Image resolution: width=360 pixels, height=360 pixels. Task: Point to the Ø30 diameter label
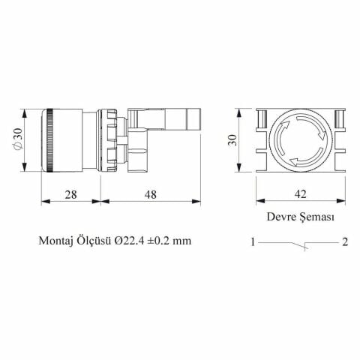pyautogui.click(x=16, y=138)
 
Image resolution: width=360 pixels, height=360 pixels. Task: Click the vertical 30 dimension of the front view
pyautogui.click(x=233, y=140)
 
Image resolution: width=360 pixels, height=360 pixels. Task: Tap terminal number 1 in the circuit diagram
pyautogui.click(x=254, y=242)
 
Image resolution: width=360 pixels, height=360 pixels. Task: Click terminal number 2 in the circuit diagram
pyautogui.click(x=343, y=242)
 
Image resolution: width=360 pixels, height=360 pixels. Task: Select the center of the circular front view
pyautogui.click(x=298, y=139)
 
